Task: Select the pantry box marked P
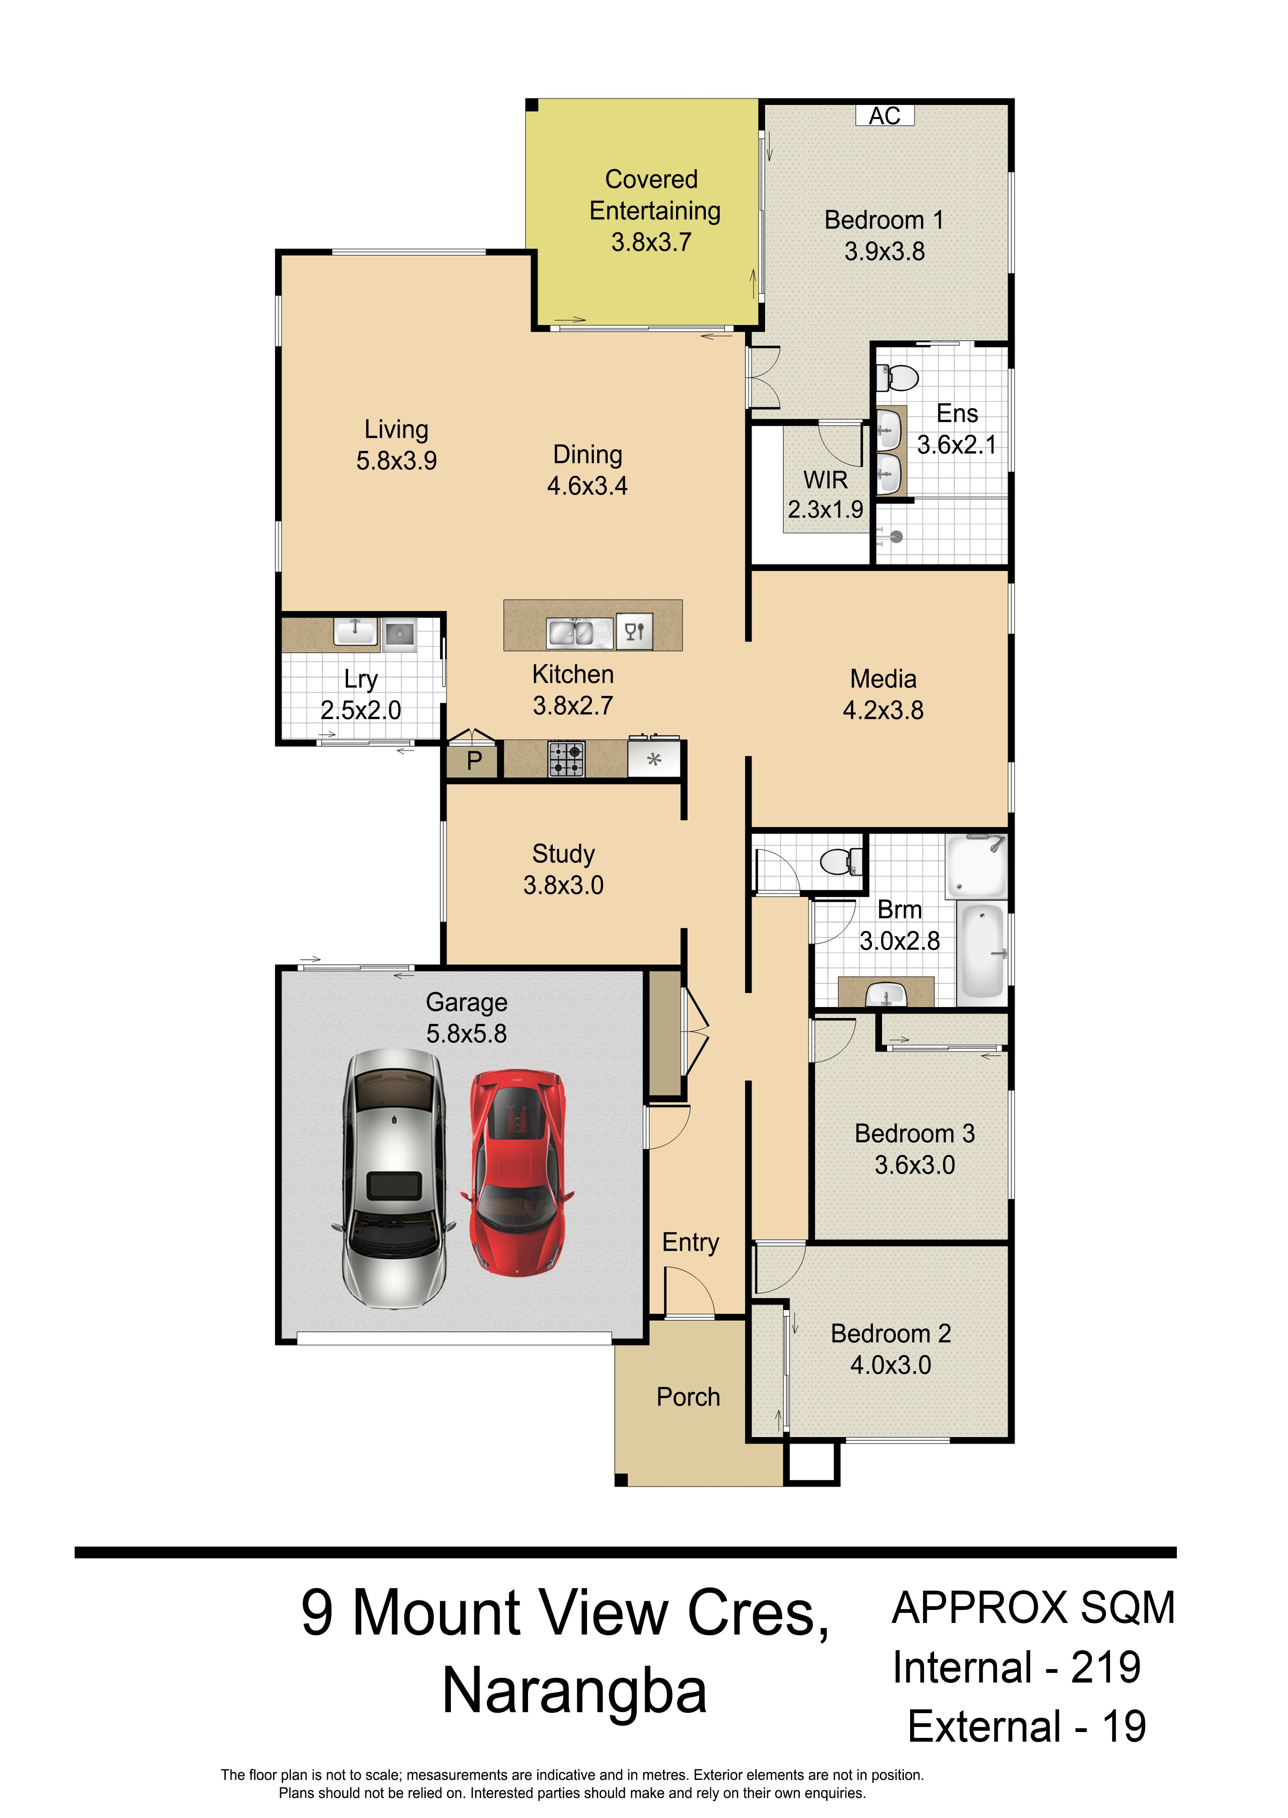pos(474,760)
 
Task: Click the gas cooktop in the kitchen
pos(566,758)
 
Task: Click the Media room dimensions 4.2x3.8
pos(883,710)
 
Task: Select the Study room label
pos(563,854)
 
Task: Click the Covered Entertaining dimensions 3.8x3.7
pos(651,242)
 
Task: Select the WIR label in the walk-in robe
pos(826,480)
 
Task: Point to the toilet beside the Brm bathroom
pos(840,861)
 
